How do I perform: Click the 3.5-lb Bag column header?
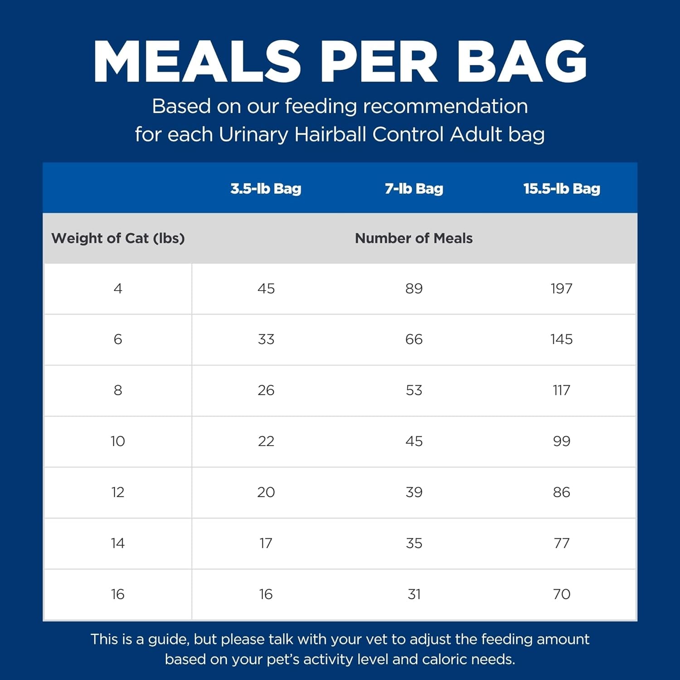(266, 189)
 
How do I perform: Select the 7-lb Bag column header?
(414, 189)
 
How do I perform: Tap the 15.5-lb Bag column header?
(562, 189)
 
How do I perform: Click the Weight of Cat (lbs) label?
(118, 238)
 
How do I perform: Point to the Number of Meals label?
(413, 238)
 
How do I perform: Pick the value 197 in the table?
(561, 289)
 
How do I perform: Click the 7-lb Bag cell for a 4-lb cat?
(414, 289)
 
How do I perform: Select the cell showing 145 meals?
(561, 340)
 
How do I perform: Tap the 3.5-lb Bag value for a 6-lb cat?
(266, 340)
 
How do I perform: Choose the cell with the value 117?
(561, 390)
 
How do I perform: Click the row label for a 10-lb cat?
(118, 441)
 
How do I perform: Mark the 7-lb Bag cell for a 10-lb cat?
(414, 441)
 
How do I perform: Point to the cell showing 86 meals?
(561, 492)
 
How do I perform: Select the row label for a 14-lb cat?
(118, 543)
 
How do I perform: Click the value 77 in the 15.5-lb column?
(561, 543)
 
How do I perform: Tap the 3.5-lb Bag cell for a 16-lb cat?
(266, 594)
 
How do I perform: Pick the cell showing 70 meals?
(561, 594)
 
